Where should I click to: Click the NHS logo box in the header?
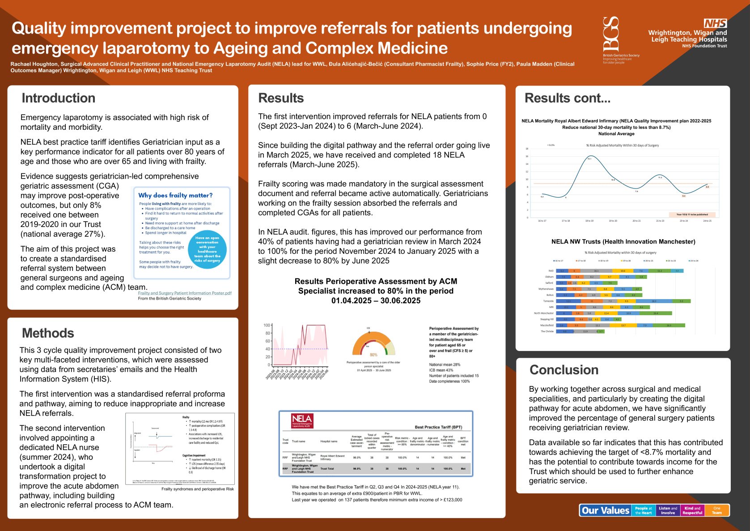click(715, 23)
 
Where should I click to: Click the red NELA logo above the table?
click(302, 421)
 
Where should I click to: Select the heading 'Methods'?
click(48, 333)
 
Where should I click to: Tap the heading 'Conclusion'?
click(564, 370)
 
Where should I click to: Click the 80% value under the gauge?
click(373, 355)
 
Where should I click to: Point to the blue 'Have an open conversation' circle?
click(208, 249)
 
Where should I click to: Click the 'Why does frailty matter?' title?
click(175, 195)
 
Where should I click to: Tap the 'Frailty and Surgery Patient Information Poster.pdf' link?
click(185, 293)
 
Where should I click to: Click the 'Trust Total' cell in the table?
click(327, 469)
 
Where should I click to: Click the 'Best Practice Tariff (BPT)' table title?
click(438, 427)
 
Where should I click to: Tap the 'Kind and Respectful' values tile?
click(692, 510)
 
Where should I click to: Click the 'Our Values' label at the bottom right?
click(605, 510)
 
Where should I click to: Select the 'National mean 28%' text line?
click(445, 364)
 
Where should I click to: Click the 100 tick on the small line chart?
click(267, 325)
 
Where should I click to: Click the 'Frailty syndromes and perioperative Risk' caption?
click(197, 489)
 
